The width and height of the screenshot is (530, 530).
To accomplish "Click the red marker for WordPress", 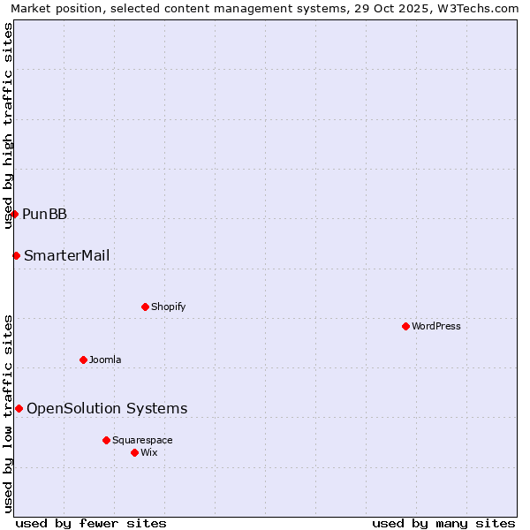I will click(x=405, y=326).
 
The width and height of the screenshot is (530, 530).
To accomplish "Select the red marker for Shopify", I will click(x=145, y=307).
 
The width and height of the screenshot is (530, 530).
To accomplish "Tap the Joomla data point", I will click(x=83, y=360).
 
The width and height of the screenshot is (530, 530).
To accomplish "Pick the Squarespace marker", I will click(x=106, y=440).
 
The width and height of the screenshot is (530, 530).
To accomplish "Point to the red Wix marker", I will click(x=134, y=452).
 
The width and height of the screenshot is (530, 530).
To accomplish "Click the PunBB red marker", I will click(x=14, y=214).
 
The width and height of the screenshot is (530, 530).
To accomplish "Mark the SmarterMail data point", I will click(x=16, y=255).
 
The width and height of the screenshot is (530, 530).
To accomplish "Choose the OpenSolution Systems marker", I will click(x=19, y=408).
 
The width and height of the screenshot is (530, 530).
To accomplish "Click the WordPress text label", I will click(x=436, y=326).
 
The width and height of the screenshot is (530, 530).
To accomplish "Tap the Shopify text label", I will click(x=169, y=307).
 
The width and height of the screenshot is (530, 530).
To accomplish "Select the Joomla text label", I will click(x=105, y=360).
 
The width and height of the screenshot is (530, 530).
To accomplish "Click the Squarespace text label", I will click(x=142, y=440).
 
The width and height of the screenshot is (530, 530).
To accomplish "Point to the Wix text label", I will click(x=149, y=452).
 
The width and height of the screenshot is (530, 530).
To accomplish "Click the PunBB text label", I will click(x=44, y=214).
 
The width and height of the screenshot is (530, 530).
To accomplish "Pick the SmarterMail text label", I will click(x=67, y=255).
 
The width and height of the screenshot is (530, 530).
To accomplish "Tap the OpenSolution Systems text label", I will click(x=107, y=408).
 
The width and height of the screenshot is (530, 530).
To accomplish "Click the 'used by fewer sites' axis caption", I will click(x=91, y=523).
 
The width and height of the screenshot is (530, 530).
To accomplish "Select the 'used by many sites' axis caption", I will click(x=443, y=523).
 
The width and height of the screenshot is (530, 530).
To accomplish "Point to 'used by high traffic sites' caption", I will click(x=8, y=125).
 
